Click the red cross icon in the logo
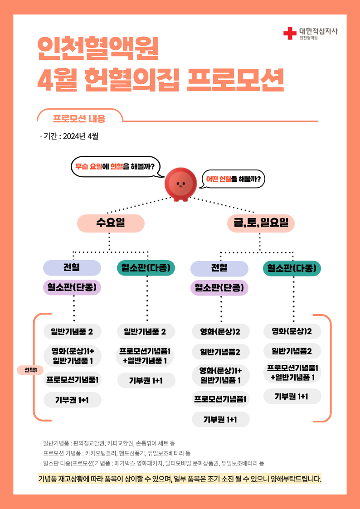pyautogui.click(x=289, y=33)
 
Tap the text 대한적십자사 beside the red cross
pyautogui.click(x=318, y=31)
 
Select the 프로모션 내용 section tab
pyautogui.click(x=79, y=119)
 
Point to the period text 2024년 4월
pyautogui.click(x=80, y=136)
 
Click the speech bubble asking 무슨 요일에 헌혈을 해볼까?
pyautogui.click(x=115, y=166)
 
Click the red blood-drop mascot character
pyautogui.click(x=180, y=184)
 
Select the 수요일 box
pyautogui.click(x=111, y=223)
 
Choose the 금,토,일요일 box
pyautogui.click(x=260, y=223)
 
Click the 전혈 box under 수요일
pyautogui.click(x=72, y=268)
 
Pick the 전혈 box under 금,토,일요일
pyautogui.click(x=219, y=268)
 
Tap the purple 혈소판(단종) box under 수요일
pyautogui.click(x=72, y=287)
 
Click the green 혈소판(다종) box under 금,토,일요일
pyautogui.click(x=292, y=268)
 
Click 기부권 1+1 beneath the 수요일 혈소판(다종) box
pyautogui.click(x=146, y=380)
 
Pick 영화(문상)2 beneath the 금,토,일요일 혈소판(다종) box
pyautogui.click(x=292, y=331)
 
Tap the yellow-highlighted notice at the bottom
pyautogui.click(x=180, y=479)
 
